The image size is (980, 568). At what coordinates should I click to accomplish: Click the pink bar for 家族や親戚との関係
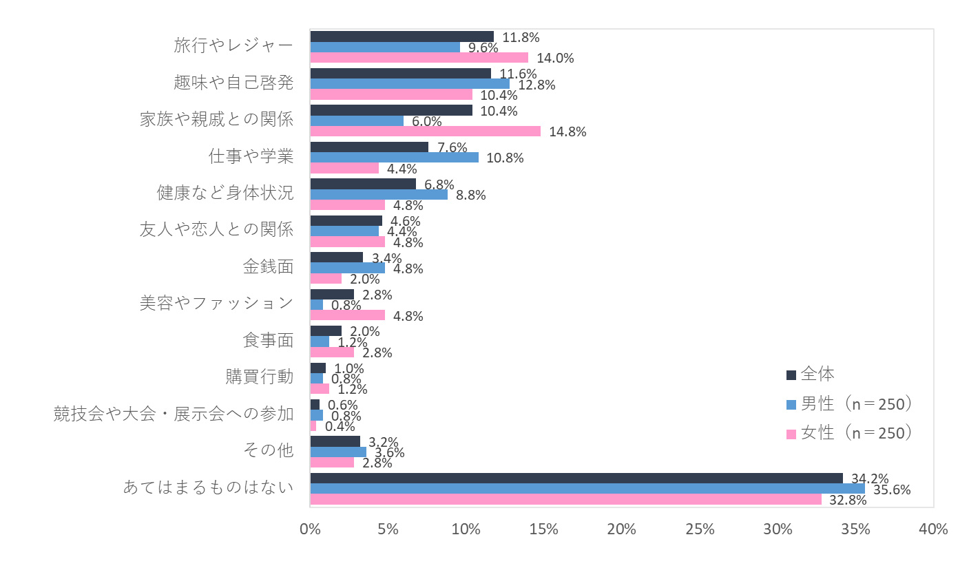click(x=425, y=131)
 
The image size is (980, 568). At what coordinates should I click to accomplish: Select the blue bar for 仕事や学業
click(x=394, y=157)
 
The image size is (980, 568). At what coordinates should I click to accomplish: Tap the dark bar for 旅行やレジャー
click(x=402, y=36)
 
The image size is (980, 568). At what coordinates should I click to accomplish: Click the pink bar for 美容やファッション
click(x=347, y=315)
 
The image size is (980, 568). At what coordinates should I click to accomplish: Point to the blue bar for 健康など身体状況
click(x=379, y=194)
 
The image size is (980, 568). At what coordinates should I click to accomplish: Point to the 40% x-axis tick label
click(x=933, y=529)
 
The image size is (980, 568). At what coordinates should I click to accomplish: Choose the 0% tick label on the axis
click(x=311, y=529)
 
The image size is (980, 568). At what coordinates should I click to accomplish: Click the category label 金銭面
click(x=268, y=266)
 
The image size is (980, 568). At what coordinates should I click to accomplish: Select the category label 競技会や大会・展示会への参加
click(x=174, y=414)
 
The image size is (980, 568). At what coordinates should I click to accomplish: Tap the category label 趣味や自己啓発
click(x=233, y=83)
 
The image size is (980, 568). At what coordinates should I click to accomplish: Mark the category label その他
click(x=268, y=451)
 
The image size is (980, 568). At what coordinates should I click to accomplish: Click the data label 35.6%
click(x=892, y=490)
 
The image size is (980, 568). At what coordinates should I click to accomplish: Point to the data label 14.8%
click(x=567, y=132)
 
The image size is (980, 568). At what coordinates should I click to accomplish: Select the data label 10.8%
click(x=505, y=158)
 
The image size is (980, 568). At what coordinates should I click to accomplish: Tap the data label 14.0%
click(x=555, y=59)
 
